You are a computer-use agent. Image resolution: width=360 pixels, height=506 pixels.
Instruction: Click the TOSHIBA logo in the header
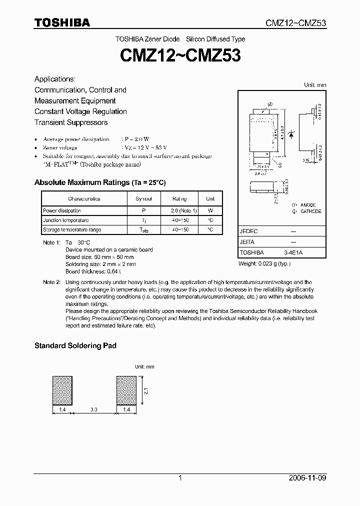[62, 22]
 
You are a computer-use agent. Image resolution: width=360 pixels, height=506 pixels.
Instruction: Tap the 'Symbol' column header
[143, 198]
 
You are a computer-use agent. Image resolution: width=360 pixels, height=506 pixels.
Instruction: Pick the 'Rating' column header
[179, 198]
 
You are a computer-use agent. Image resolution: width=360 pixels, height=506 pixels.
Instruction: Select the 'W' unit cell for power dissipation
[210, 210]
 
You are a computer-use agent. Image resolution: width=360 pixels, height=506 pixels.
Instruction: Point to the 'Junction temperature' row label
[65, 220]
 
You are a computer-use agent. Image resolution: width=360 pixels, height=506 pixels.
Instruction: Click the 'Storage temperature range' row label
[72, 229]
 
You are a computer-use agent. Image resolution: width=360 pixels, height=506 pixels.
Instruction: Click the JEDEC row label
[249, 231]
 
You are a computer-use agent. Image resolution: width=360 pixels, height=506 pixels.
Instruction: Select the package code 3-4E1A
[293, 252]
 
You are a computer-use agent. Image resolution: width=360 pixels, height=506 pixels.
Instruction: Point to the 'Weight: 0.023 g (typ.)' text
[264, 263]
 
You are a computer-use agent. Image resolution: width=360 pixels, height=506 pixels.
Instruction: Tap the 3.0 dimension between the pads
[94, 409]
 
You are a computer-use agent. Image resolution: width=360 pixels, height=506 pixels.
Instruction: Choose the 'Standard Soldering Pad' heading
[75, 345]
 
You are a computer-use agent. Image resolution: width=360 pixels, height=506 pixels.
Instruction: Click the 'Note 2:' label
[51, 282]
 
